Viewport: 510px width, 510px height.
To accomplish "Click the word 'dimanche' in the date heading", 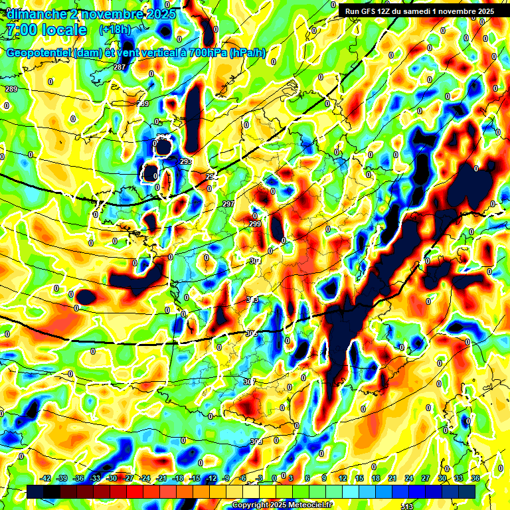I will pos(34,13).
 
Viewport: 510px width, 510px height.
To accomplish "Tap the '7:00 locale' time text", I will pos(46,30).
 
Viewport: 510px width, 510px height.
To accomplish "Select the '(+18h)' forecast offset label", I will pos(115,30).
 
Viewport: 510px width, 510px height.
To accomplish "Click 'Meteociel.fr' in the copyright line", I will pos(309,505).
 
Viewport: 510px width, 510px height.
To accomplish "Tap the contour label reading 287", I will pos(120,68).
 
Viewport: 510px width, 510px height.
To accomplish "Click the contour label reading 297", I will pos(228,204).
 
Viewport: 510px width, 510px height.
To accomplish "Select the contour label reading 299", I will pos(255,224).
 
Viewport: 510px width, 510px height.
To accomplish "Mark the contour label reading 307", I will pos(249,382).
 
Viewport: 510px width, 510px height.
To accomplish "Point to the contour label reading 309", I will pos(256,442).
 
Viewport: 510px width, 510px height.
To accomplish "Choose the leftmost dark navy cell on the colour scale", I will pos(35,491).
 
